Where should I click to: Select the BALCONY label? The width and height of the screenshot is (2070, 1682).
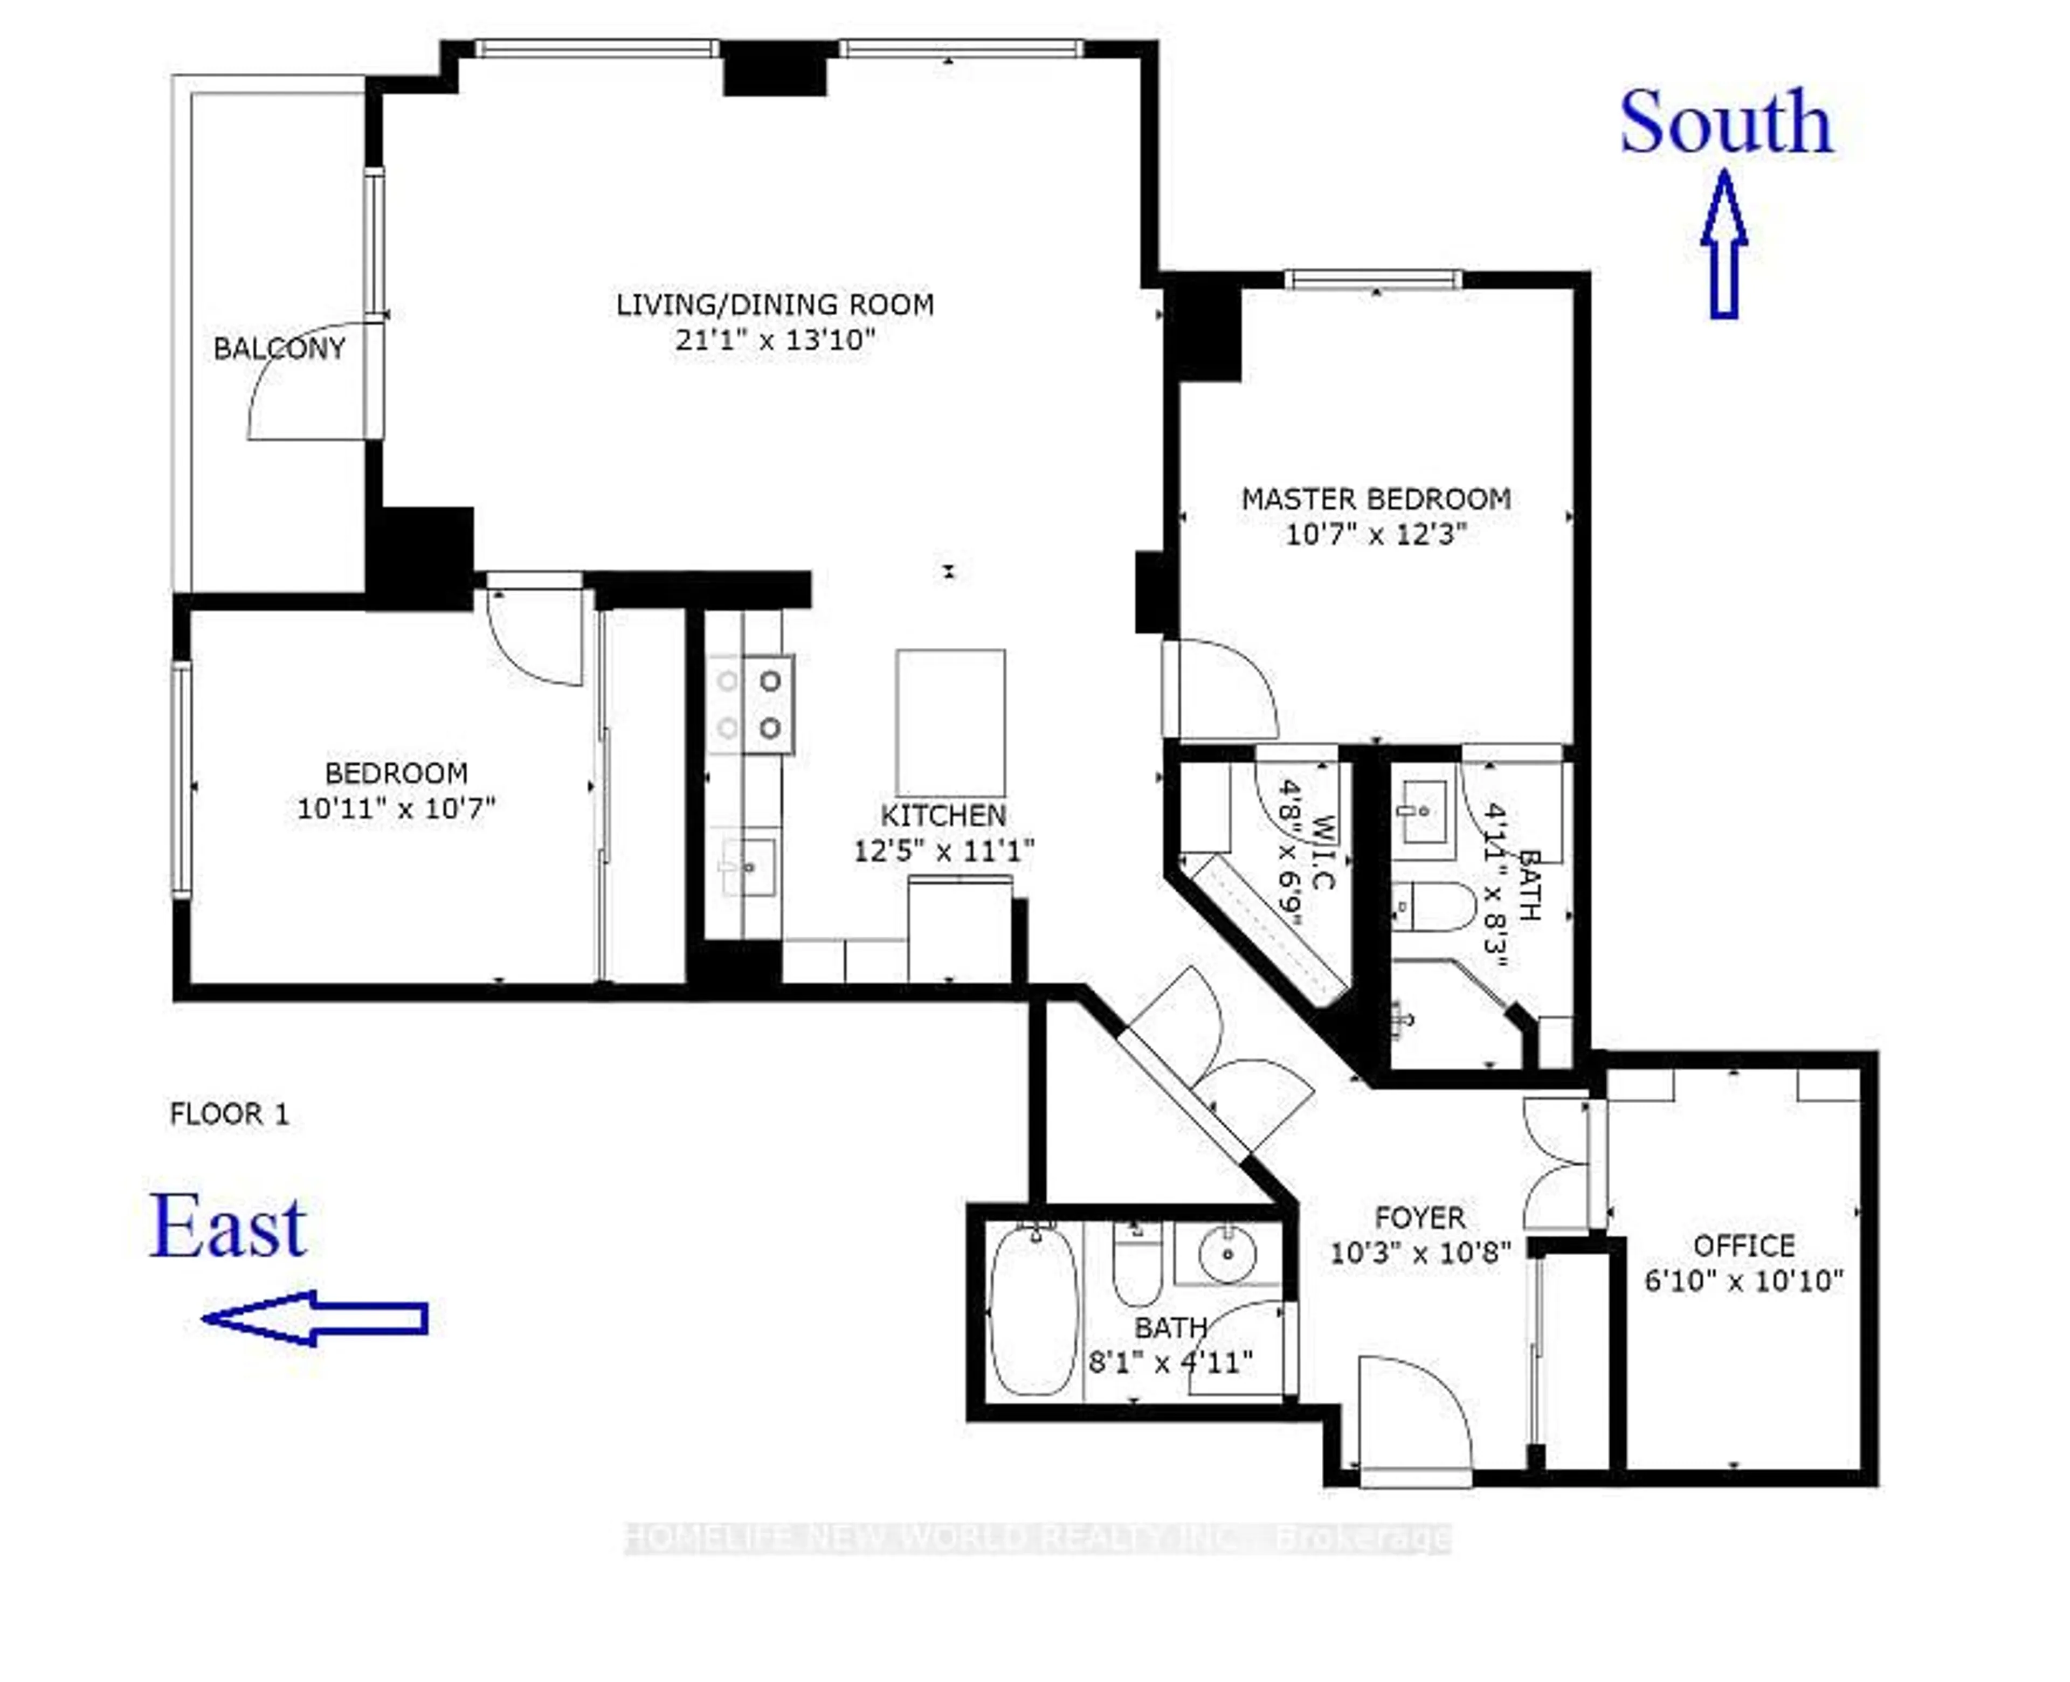[x=279, y=349]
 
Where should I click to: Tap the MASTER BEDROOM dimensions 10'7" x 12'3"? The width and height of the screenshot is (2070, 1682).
[x=1376, y=534]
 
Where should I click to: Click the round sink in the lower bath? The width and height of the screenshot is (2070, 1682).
[x=1227, y=1254]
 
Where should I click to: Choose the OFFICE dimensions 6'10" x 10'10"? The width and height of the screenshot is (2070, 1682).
[x=1743, y=1281]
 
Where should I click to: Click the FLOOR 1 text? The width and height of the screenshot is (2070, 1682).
[x=230, y=1114]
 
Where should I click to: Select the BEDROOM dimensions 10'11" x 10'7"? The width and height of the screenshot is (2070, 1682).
[x=396, y=808]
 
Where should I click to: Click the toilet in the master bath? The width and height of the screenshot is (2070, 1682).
[x=1434, y=906]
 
